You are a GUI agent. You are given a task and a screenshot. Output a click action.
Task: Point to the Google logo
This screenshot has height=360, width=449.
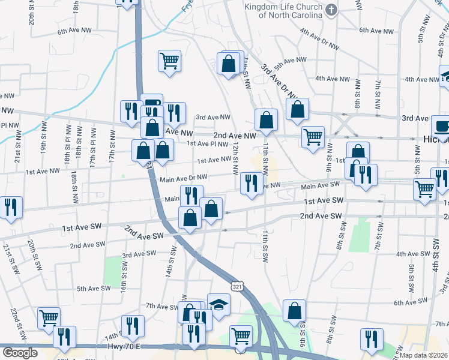[x=20, y=353]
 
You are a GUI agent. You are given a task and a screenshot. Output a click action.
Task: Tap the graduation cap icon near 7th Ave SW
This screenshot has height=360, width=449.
[x=219, y=304]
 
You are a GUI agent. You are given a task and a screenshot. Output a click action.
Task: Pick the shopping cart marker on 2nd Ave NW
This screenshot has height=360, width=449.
[x=313, y=137]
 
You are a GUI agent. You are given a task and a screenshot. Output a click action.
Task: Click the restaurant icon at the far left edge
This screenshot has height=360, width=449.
[x=11, y=207]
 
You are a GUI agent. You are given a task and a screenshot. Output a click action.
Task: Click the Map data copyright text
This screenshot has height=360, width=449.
[x=428, y=353]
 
